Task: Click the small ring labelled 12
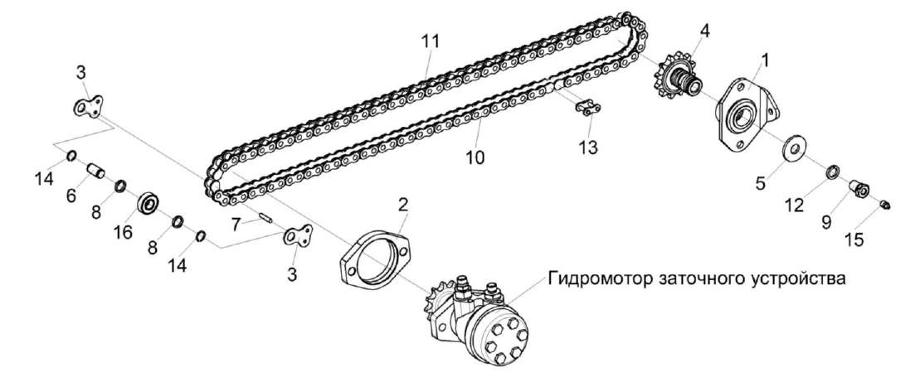tap(831, 173)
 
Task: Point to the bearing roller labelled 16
tap(150, 202)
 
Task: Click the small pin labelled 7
tap(265, 219)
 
